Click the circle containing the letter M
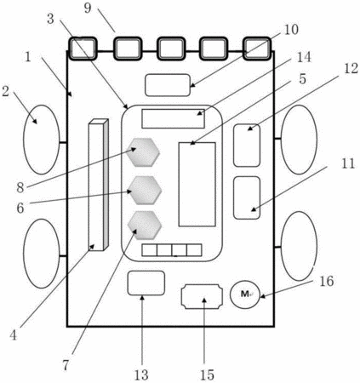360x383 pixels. [x=245, y=294]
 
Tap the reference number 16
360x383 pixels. [x=327, y=282]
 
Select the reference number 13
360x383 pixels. [x=141, y=375]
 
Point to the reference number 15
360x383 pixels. [x=207, y=375]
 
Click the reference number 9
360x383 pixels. [x=88, y=8]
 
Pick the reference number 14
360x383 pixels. [x=304, y=57]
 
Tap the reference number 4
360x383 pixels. [x=14, y=335]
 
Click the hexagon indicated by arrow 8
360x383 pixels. [x=143, y=152]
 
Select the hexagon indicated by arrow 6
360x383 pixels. [x=145, y=190]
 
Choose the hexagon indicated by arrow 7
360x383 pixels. [x=145, y=225]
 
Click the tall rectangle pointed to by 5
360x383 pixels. [x=197, y=185]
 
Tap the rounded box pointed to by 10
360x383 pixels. [x=168, y=85]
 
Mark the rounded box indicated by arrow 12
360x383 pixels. [x=247, y=146]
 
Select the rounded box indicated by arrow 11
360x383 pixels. [x=247, y=197]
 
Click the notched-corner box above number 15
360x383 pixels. [x=202, y=297]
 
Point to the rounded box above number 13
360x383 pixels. [x=146, y=283]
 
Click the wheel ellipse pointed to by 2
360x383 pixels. [x=42, y=140]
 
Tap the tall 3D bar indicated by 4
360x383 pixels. [x=99, y=185]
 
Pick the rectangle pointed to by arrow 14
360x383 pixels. [x=173, y=118]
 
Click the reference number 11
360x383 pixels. [x=348, y=163]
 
